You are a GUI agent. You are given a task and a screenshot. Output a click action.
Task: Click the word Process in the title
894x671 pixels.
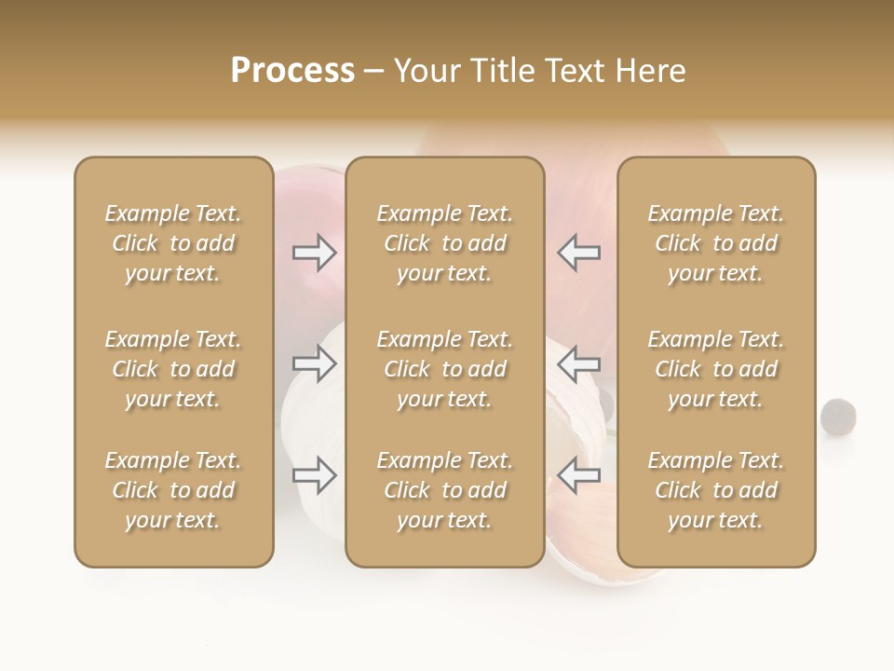tap(292, 71)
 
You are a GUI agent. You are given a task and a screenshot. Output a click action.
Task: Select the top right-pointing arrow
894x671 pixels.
tap(315, 253)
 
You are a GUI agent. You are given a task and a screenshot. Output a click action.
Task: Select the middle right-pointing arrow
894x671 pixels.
tap(315, 363)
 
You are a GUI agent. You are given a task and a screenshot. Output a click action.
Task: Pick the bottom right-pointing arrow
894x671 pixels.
tap(315, 475)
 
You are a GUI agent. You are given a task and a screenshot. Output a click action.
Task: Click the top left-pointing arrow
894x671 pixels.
tap(578, 253)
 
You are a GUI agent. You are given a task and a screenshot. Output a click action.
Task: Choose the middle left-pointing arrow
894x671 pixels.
tap(578, 363)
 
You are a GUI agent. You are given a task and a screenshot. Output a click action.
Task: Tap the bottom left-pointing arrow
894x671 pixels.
tap(578, 475)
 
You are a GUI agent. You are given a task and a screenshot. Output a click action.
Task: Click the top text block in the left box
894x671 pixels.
tap(173, 243)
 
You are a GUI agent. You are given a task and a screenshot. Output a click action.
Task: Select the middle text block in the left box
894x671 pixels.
tap(173, 369)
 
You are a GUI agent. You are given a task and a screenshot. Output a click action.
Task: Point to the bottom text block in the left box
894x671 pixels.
tap(173, 490)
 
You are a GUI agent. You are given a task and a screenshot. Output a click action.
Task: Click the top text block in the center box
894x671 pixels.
tap(444, 243)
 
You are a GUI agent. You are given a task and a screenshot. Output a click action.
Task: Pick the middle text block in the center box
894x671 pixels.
tap(444, 369)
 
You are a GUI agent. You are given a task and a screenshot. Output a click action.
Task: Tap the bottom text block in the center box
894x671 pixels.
tap(444, 490)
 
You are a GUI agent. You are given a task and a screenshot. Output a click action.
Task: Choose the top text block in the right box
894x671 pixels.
tap(715, 243)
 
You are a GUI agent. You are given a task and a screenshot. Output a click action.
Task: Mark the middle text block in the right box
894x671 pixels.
tap(715, 369)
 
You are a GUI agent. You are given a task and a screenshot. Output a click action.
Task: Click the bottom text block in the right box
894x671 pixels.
tap(715, 490)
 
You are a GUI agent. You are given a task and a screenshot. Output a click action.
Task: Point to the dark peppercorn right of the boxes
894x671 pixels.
tap(838, 415)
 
